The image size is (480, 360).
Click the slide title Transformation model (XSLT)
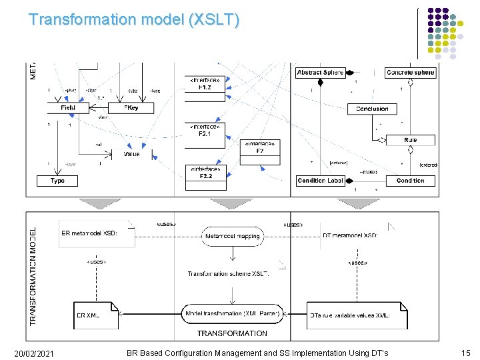[133, 19]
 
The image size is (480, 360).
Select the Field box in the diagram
[67, 107]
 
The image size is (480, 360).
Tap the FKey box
[131, 107]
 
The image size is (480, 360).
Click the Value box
[131, 154]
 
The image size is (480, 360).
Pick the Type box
[57, 181]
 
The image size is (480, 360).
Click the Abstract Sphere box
[320, 72]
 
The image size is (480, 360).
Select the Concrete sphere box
[410, 72]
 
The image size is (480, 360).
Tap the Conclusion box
[372, 109]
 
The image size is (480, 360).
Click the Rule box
[410, 140]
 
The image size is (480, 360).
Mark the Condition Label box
[320, 181]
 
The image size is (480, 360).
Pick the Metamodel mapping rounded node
[233, 236]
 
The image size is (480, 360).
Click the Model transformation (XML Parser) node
[232, 314]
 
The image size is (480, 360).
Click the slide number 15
[466, 352]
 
